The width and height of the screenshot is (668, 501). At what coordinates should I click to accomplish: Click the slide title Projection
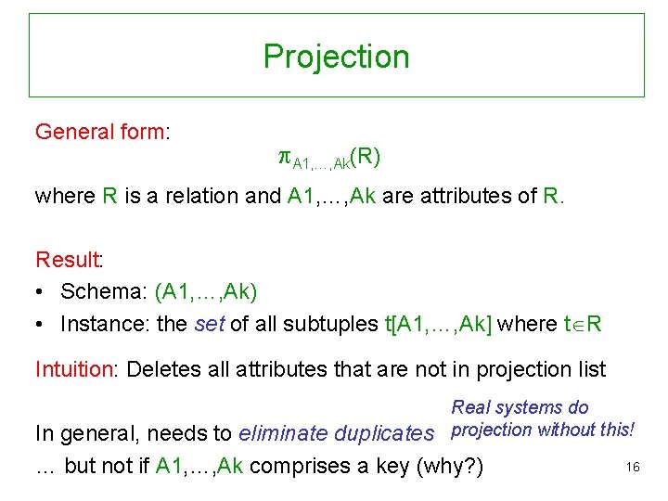point(336,57)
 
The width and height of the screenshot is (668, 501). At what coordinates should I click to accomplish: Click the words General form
point(99,132)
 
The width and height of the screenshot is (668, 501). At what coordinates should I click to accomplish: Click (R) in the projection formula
point(366,157)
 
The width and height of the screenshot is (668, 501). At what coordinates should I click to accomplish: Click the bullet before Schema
point(41,292)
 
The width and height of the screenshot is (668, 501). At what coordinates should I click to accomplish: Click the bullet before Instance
point(41,325)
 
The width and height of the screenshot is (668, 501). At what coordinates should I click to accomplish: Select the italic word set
point(209,324)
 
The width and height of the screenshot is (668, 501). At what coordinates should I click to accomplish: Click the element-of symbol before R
point(579,325)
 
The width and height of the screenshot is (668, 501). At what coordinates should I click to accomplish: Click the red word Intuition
point(72,369)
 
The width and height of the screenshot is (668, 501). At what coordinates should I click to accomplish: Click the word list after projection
point(590,369)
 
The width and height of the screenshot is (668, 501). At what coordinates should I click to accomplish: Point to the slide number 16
point(633,468)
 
